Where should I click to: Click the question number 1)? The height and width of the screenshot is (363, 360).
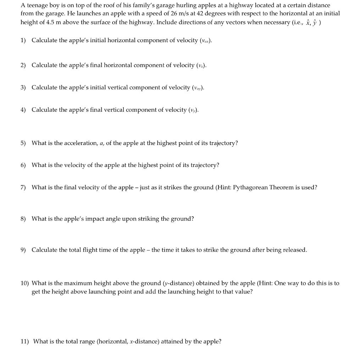[x=23, y=40]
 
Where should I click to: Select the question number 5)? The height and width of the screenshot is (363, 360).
[x=23, y=143]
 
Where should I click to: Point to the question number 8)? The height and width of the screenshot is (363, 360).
[x=23, y=219]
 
